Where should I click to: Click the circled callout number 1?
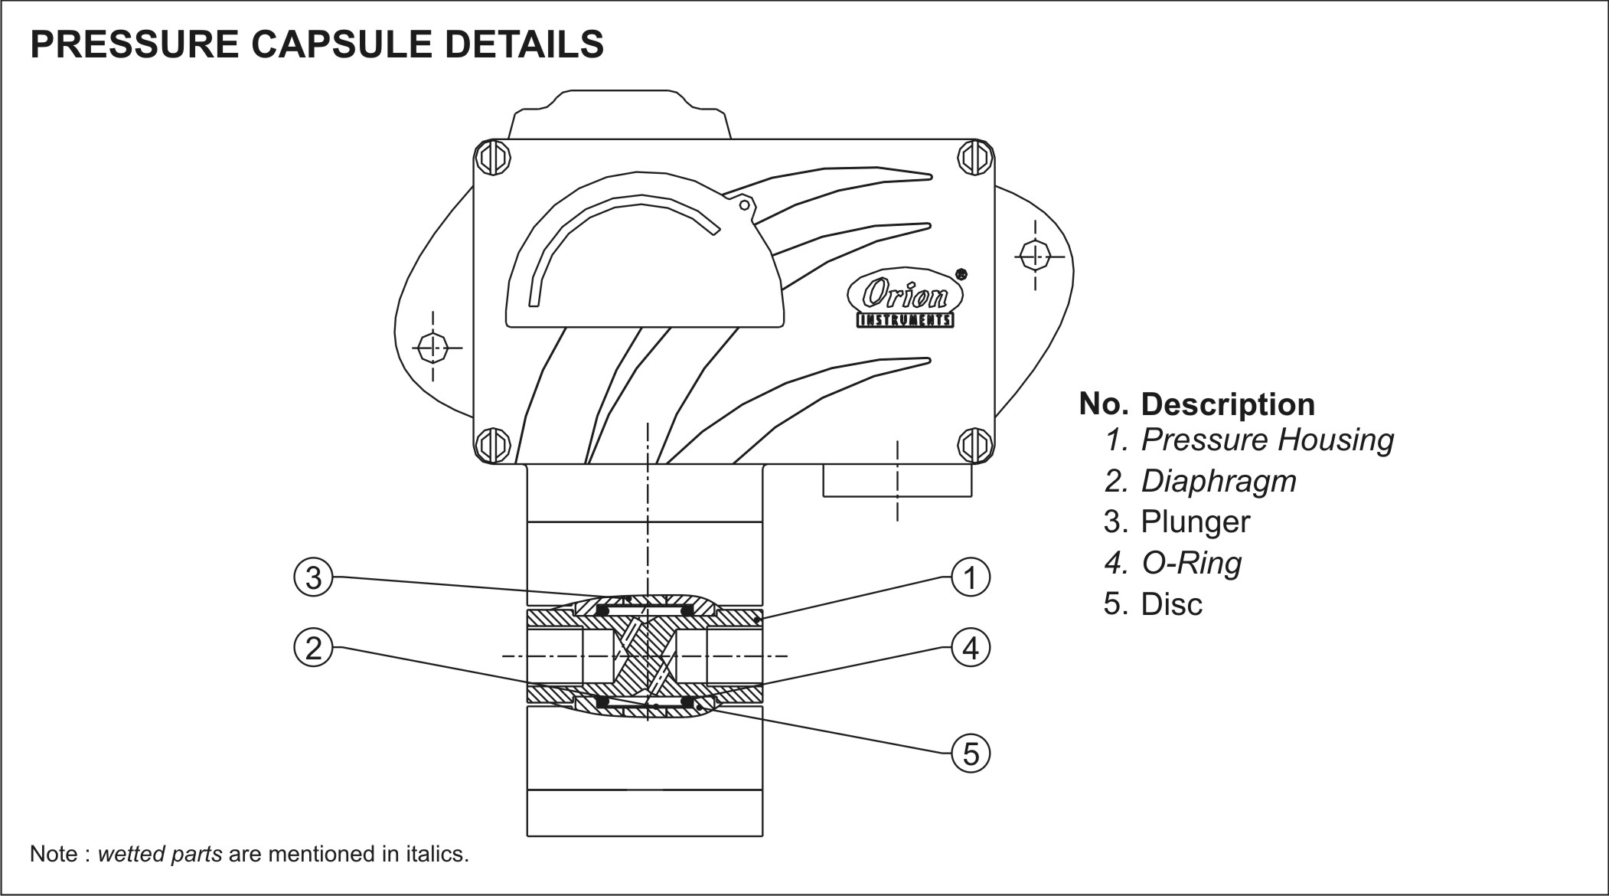tap(971, 577)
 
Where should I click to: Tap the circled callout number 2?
tap(314, 649)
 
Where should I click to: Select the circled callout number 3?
tap(314, 577)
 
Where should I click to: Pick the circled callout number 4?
tap(971, 649)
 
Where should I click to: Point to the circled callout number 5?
tap(971, 754)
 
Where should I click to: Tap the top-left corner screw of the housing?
tap(492, 159)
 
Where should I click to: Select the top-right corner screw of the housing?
tap(975, 159)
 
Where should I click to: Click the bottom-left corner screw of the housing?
tap(492, 444)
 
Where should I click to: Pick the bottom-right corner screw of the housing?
tap(975, 444)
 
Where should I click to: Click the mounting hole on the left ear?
tap(433, 348)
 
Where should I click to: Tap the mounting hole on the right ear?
tap(1035, 255)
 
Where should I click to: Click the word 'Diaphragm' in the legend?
tap(1219, 482)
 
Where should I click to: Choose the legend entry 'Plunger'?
tap(1195, 522)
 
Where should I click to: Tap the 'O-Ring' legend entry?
tap(1191, 564)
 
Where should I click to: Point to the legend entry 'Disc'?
tap(1171, 604)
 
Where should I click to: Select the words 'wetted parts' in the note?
tap(160, 855)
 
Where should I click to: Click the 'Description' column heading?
tap(1228, 404)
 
